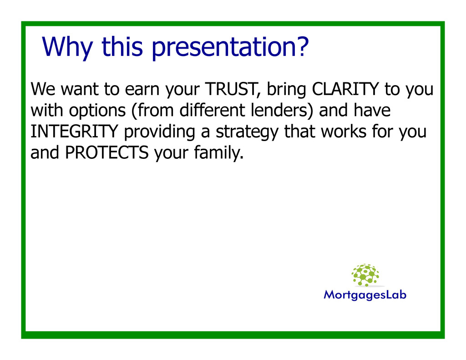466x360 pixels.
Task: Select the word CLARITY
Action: (345, 89)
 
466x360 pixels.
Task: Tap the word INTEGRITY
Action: (74, 132)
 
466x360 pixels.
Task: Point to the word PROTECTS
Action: (106, 152)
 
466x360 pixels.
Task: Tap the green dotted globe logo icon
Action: (365, 275)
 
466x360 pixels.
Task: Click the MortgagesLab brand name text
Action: (365, 295)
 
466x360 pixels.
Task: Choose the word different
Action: (212, 110)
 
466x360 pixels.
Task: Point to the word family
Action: (219, 153)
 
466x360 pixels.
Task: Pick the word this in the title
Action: (122, 46)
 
